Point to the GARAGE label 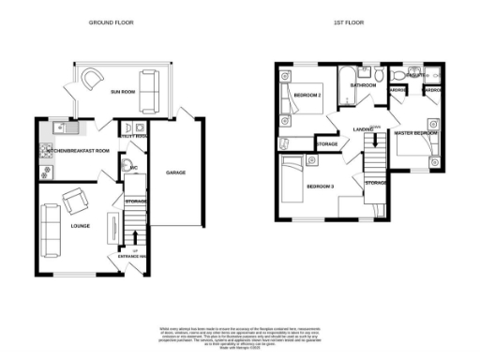tap(175, 172)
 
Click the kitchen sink tap(62, 127)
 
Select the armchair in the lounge tap(75, 199)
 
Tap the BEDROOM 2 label tap(308, 96)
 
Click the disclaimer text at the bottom tap(240, 333)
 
